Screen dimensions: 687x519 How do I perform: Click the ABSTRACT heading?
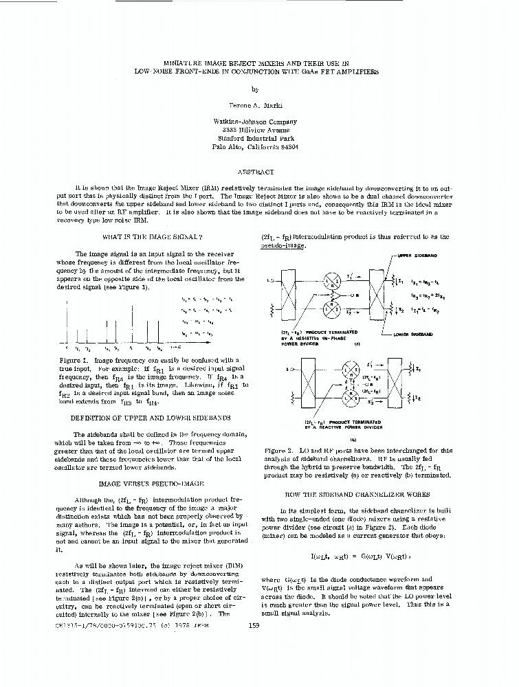[x=255, y=172]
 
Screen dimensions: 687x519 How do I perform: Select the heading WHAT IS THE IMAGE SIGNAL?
[x=152, y=237]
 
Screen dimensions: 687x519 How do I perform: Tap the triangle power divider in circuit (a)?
[x=335, y=295]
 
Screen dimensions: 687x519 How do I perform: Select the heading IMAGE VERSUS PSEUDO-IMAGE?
[x=152, y=484]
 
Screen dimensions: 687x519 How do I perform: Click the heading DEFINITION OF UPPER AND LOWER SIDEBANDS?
[x=152, y=418]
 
